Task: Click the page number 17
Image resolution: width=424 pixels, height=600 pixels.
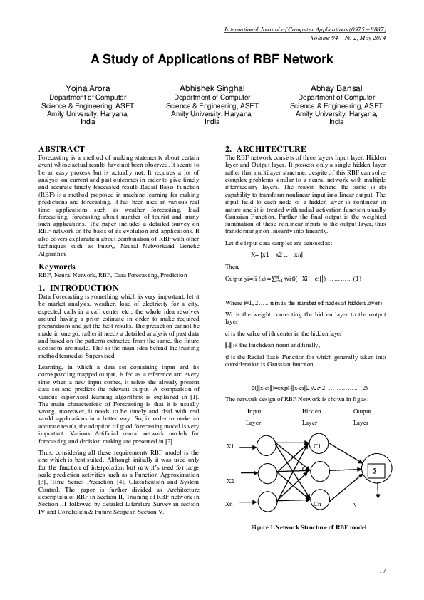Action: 382,570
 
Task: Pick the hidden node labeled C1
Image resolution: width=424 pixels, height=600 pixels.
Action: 316,445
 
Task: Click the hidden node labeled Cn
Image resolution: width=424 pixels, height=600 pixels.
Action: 316,503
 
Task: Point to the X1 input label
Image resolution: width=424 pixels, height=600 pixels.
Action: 230,445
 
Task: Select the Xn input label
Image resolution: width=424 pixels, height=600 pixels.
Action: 230,503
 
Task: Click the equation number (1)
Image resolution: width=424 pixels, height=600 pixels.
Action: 357,278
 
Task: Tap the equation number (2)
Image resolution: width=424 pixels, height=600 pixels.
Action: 363,387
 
